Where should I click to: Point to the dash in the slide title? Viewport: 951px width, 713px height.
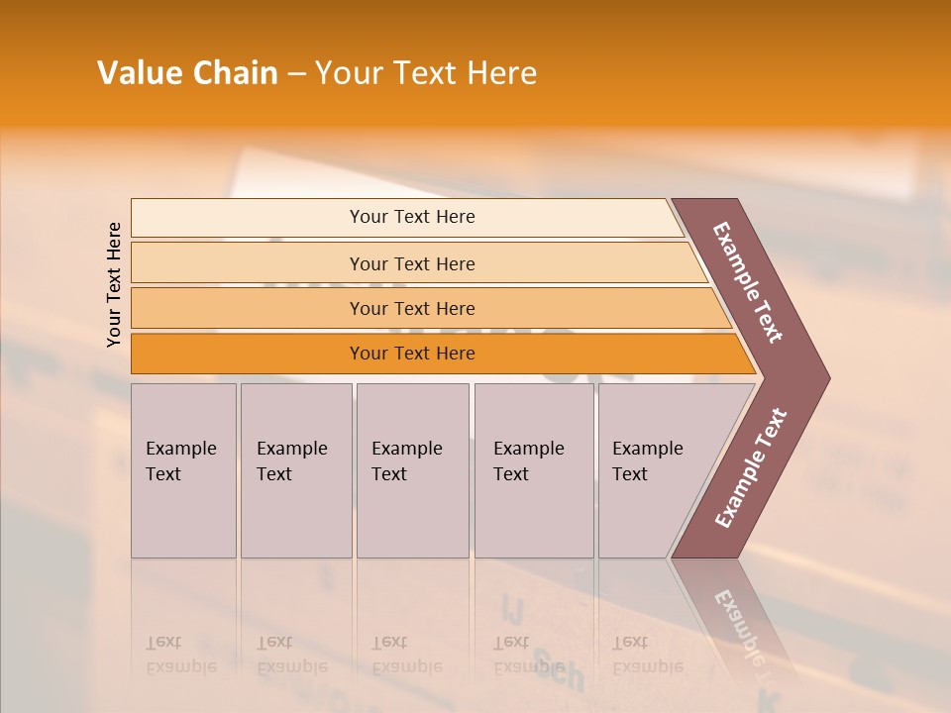point(296,74)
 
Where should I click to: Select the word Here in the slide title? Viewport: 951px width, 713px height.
point(501,73)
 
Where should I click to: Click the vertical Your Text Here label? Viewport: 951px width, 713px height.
point(114,285)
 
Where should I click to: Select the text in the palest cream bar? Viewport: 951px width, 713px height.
point(412,217)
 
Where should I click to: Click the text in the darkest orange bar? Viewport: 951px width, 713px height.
point(412,354)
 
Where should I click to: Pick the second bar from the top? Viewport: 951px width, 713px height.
point(412,263)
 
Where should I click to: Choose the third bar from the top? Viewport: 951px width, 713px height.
point(412,308)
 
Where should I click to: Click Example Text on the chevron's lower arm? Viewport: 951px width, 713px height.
point(751,468)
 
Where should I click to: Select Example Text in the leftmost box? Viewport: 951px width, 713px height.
point(180,461)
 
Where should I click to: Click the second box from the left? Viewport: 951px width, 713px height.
point(292,461)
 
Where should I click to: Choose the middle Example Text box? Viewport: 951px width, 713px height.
point(407,461)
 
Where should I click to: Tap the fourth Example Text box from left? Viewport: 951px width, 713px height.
point(529,461)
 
